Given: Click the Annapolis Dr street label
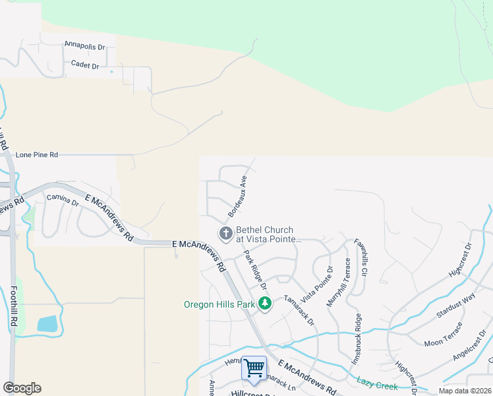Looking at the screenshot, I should coord(85,46).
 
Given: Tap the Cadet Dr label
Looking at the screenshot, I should coord(86,66).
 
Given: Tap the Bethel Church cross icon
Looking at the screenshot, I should coord(225,233).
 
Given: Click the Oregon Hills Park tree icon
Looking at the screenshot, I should coord(265,304).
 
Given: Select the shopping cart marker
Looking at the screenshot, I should coord(254,368).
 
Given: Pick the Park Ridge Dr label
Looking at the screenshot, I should coord(254,270).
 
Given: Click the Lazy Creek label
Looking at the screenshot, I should coord(376,381).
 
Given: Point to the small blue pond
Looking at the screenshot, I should coord(47,323).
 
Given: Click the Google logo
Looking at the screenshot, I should coord(22,388).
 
